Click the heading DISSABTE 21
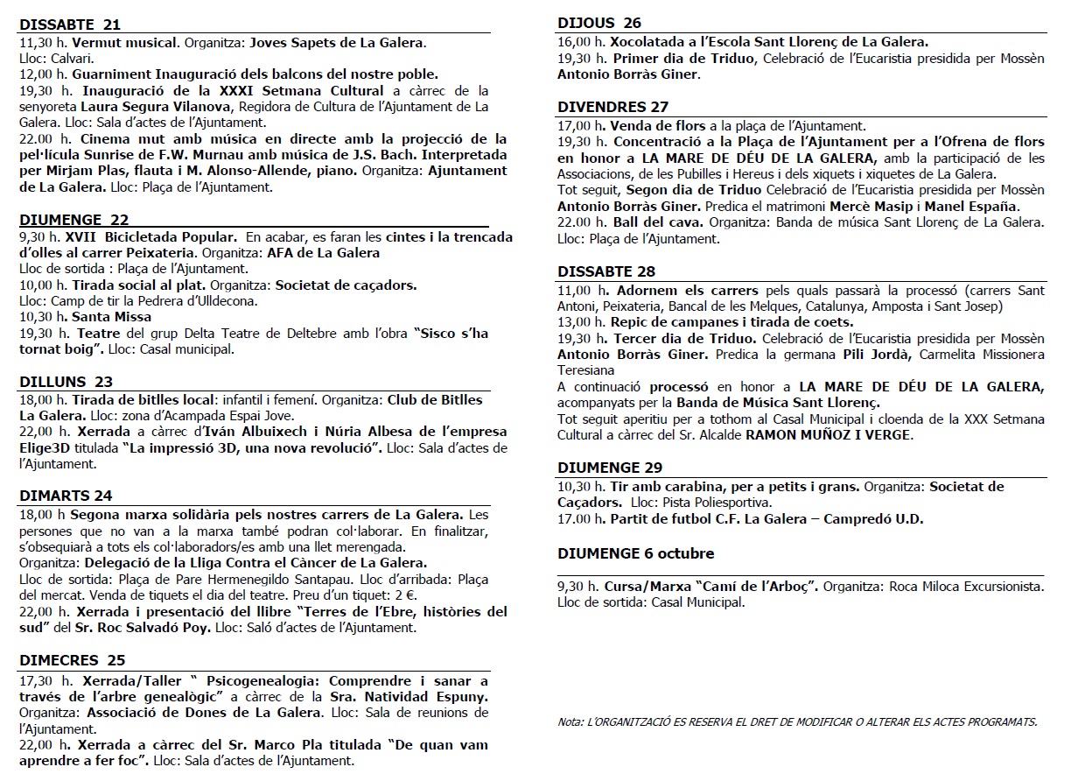click(x=70, y=25)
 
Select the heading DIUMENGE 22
click(x=73, y=220)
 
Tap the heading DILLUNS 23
click(x=66, y=382)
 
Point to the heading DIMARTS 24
click(x=66, y=496)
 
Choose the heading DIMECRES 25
click(x=73, y=659)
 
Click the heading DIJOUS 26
click(x=599, y=23)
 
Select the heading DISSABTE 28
click(x=606, y=271)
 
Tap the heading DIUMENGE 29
click(x=610, y=467)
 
